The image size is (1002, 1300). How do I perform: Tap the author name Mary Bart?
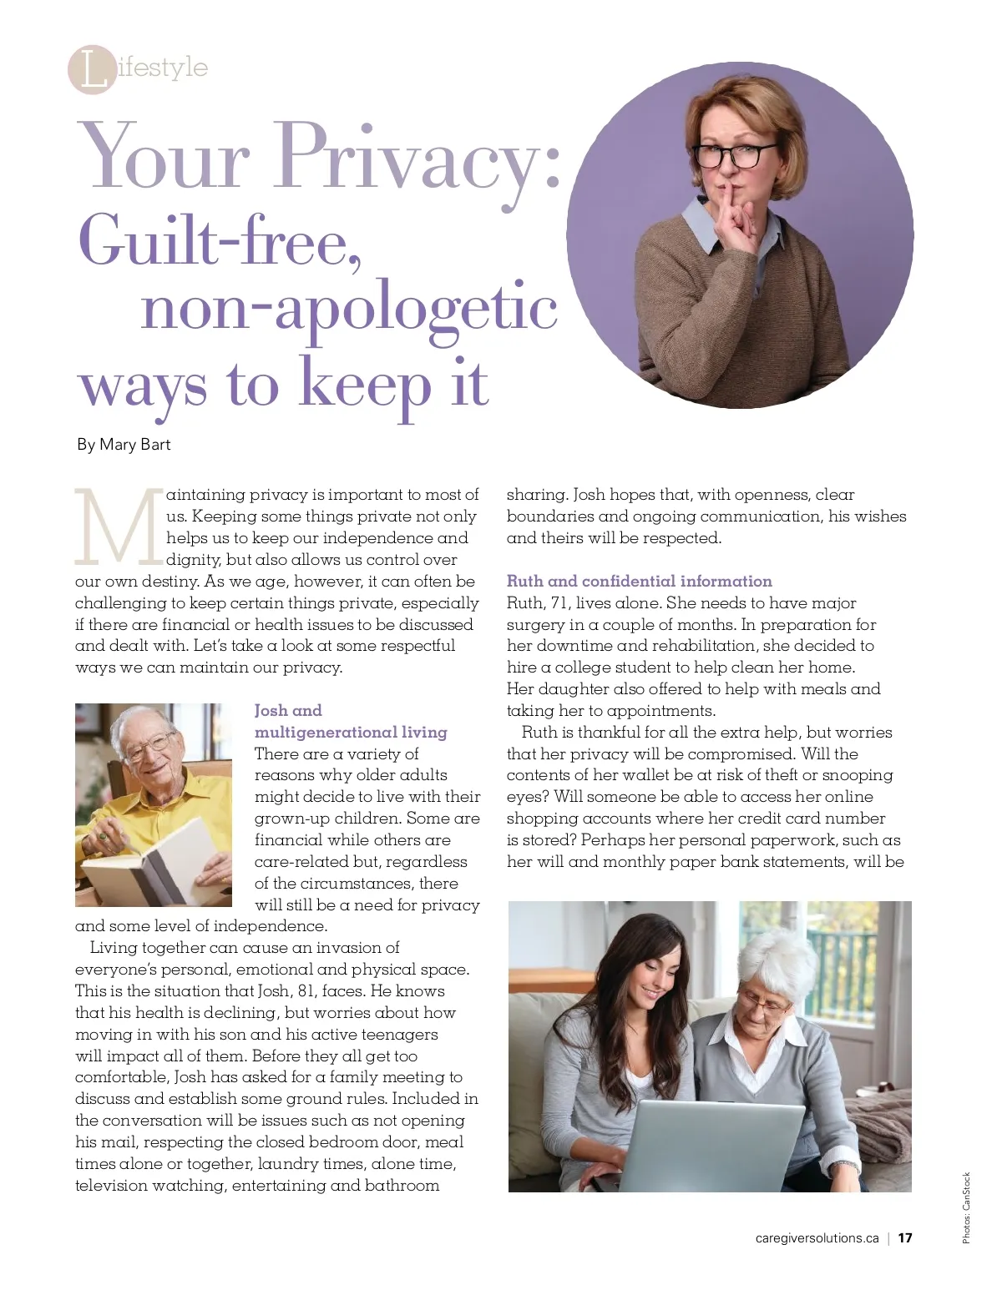coord(134,445)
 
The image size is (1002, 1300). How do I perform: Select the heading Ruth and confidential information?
coord(639,582)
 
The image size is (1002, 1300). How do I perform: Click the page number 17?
coord(905,1238)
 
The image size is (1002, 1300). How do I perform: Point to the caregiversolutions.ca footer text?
coord(816,1238)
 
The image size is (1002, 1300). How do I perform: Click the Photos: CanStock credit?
coord(966,1207)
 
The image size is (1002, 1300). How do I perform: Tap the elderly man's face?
coord(149,746)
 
